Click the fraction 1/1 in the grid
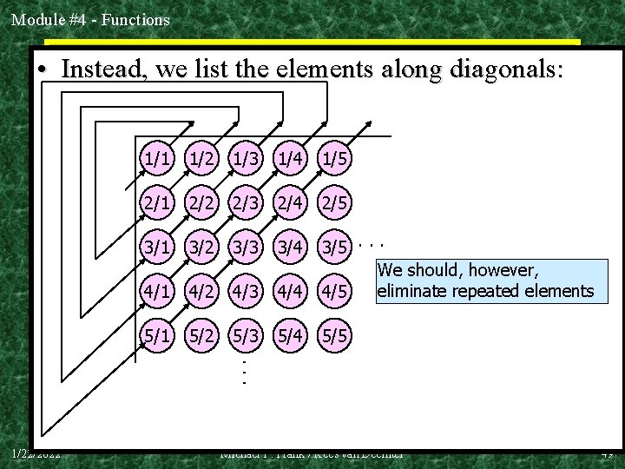click(x=157, y=159)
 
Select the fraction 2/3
click(x=246, y=202)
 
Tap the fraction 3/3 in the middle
click(x=246, y=246)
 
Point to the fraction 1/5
click(x=335, y=159)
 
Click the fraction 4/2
click(x=201, y=289)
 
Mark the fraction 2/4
click(x=291, y=202)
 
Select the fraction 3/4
click(x=291, y=246)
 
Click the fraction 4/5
click(x=335, y=289)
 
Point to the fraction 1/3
click(x=246, y=159)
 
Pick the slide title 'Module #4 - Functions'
click(x=90, y=18)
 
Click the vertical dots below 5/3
click(x=246, y=371)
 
